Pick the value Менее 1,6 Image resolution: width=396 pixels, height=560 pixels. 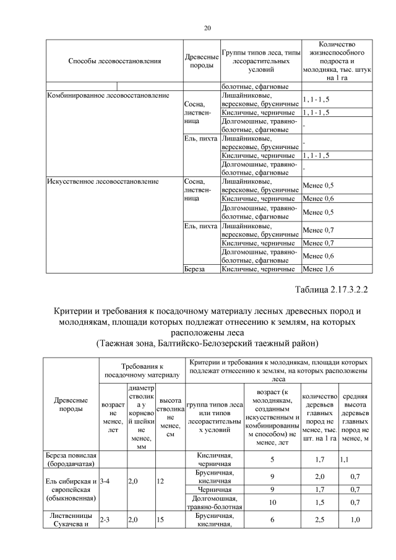319,269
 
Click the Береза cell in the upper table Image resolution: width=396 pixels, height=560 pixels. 194,269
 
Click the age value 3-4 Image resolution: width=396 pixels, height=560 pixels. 105,480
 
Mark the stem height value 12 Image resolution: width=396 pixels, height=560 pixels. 160,480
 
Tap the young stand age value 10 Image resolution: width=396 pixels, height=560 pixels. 272,502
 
